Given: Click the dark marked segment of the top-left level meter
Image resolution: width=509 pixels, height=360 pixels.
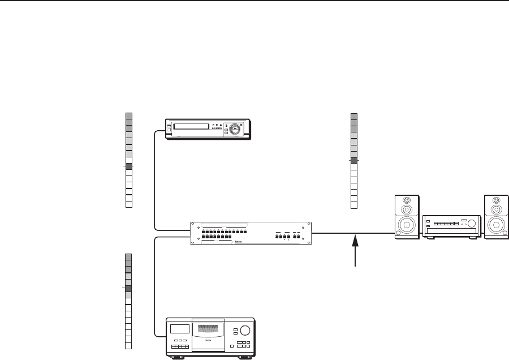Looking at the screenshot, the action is click(x=128, y=166).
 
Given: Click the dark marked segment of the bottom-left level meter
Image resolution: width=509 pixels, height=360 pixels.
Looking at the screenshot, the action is click(x=128, y=289).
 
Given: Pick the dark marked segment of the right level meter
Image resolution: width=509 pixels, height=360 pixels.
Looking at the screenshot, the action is click(x=354, y=161).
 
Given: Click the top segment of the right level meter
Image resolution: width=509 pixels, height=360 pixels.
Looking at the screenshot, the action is click(x=354, y=115).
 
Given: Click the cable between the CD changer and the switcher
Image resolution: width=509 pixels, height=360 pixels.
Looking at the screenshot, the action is click(x=154, y=283).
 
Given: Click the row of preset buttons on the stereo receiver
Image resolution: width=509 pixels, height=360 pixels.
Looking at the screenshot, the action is click(x=443, y=225).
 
